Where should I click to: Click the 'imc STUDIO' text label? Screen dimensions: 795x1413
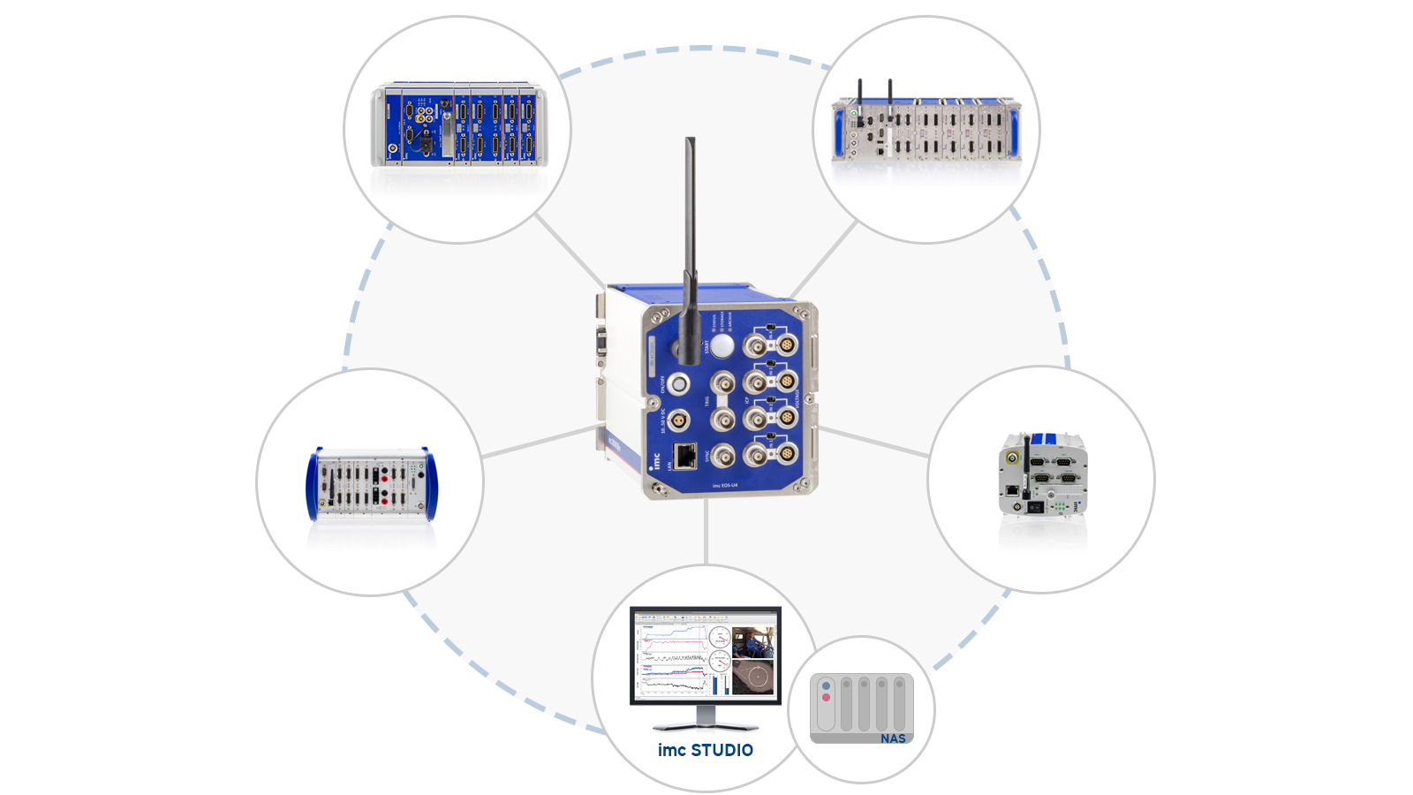coord(705,750)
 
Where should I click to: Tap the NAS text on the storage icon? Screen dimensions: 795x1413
coord(892,738)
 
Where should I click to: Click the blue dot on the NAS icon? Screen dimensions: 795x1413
coord(826,685)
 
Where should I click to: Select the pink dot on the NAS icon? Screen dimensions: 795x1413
coord(826,698)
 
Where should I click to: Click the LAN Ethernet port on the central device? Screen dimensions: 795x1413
coord(684,456)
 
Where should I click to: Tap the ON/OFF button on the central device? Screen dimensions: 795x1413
coord(678,384)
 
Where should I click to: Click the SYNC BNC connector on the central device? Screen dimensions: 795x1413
coord(723,456)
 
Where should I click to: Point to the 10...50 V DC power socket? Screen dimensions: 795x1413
coord(677,419)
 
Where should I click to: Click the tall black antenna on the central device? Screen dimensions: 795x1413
coord(690,247)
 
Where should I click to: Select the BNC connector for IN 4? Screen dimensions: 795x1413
coord(756,456)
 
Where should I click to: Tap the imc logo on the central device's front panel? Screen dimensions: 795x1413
coord(655,460)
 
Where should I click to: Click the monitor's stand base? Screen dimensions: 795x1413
coord(705,725)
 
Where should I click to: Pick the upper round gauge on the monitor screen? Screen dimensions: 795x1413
coord(719,638)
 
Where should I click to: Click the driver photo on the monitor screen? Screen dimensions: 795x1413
coord(752,641)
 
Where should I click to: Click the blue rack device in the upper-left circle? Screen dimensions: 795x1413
coord(457,125)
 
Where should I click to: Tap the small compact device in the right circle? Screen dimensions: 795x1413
coord(1042,474)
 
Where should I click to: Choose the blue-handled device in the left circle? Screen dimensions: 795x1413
coord(371,483)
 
